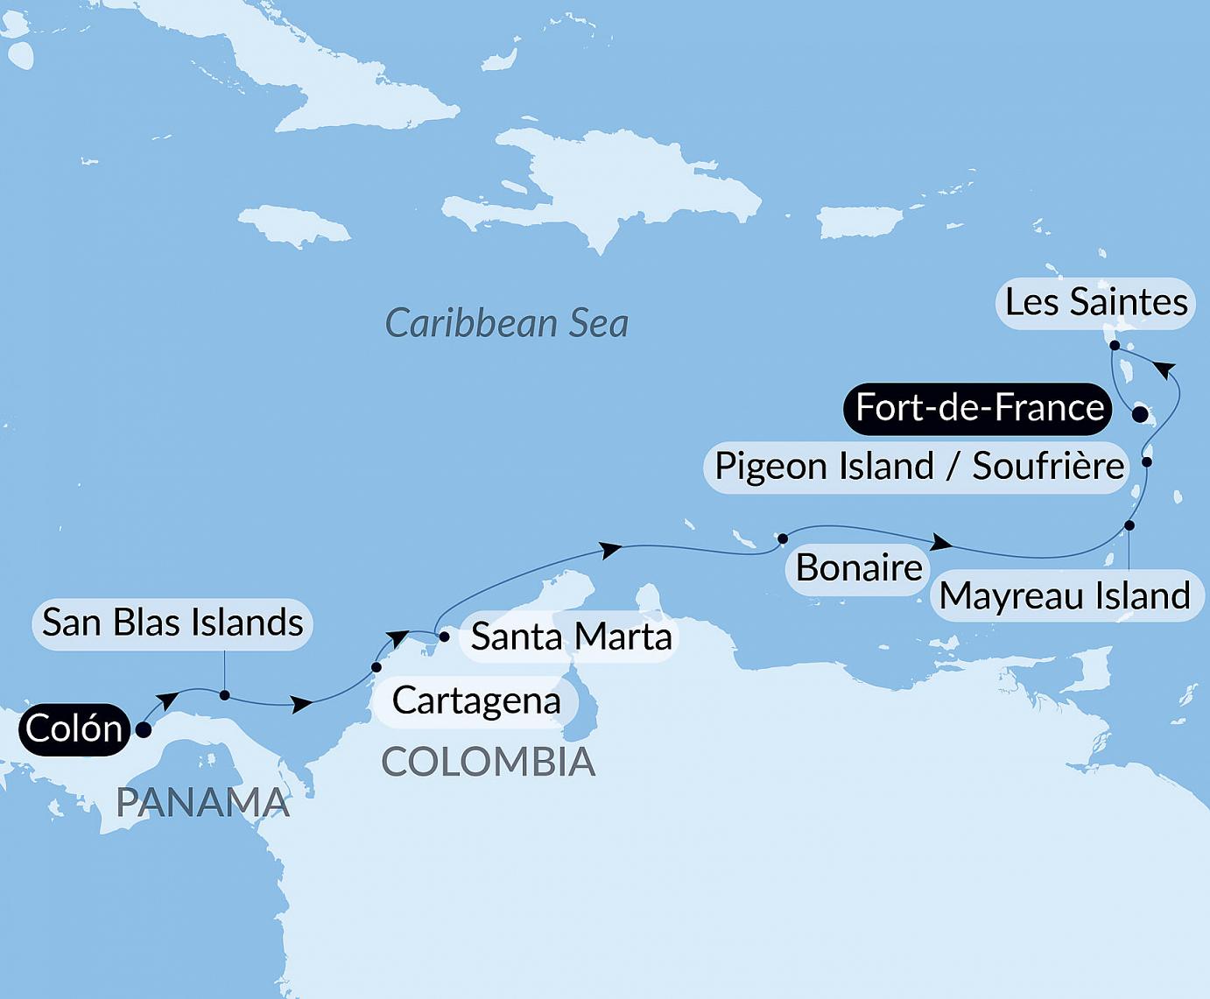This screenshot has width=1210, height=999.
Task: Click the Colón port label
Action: [x=74, y=728]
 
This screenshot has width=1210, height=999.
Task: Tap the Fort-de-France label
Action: [x=979, y=408]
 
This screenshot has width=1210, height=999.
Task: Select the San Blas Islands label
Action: [x=172, y=623]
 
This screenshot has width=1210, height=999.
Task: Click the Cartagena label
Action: [x=476, y=700]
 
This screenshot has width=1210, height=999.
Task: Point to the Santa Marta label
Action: [x=571, y=637]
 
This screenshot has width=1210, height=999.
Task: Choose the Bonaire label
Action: [x=859, y=568]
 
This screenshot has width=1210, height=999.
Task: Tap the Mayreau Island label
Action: [x=1065, y=596]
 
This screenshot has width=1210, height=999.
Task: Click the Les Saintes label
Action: [x=1095, y=302]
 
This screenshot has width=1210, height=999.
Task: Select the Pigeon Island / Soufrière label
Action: [x=918, y=466]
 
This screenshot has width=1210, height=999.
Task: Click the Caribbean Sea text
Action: [x=507, y=323]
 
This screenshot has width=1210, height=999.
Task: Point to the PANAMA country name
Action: [x=202, y=802]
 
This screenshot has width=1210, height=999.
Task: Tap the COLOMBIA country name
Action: [x=489, y=763]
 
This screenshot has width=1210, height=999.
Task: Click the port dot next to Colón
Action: [x=144, y=728]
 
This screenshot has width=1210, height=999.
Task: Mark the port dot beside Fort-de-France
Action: [x=1139, y=415]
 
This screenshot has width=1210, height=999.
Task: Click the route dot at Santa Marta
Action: [x=444, y=637]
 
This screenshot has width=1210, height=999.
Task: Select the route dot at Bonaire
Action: [x=783, y=538]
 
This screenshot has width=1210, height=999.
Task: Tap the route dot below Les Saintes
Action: [x=1115, y=346]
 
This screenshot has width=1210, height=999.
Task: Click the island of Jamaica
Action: [x=293, y=222]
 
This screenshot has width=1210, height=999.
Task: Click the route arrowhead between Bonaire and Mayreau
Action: [x=941, y=543]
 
